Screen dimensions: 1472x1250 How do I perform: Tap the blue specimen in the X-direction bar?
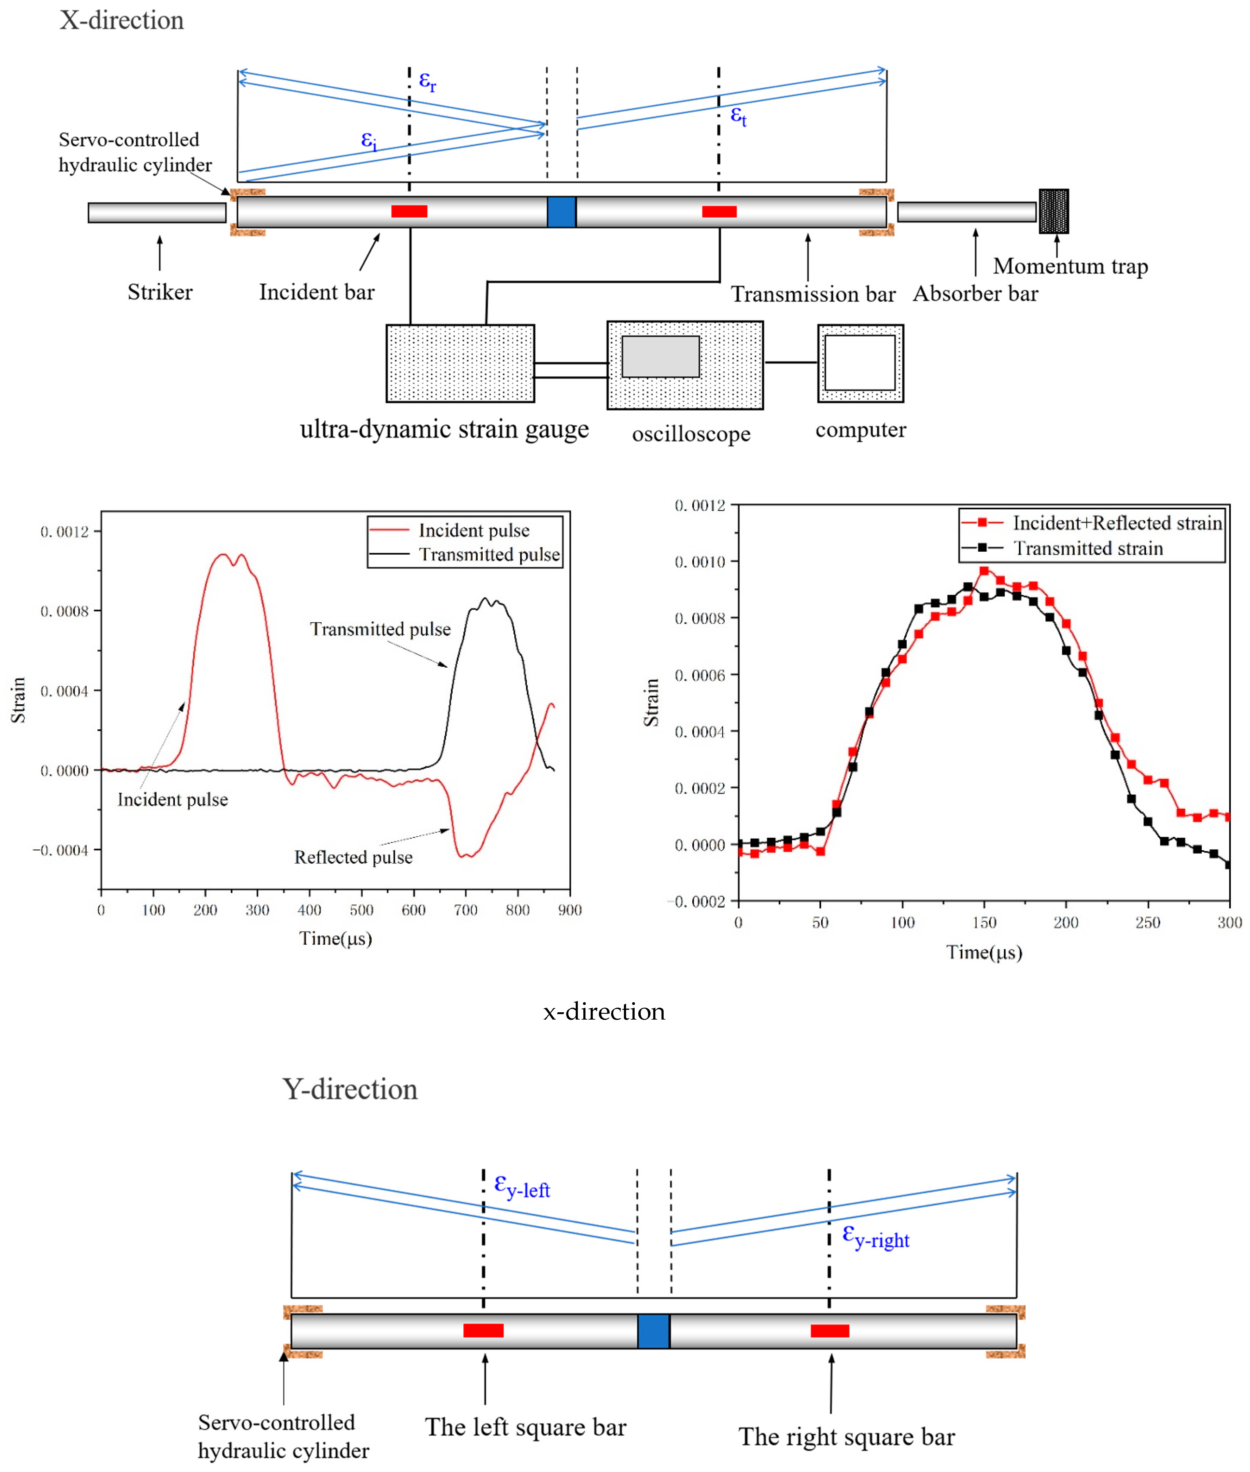(561, 212)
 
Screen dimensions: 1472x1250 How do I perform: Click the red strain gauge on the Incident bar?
(409, 211)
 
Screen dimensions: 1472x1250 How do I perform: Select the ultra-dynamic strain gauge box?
(460, 363)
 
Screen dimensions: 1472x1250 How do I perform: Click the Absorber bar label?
(975, 293)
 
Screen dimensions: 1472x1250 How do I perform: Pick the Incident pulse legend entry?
(473, 530)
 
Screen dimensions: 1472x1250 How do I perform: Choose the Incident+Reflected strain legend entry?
(1117, 523)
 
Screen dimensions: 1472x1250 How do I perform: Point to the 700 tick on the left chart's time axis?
(466, 910)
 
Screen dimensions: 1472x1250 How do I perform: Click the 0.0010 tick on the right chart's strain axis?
(699, 562)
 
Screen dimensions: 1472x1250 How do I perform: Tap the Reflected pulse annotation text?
(353, 857)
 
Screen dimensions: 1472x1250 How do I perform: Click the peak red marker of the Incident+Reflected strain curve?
(984, 571)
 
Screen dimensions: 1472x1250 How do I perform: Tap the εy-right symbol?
(875, 1237)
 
